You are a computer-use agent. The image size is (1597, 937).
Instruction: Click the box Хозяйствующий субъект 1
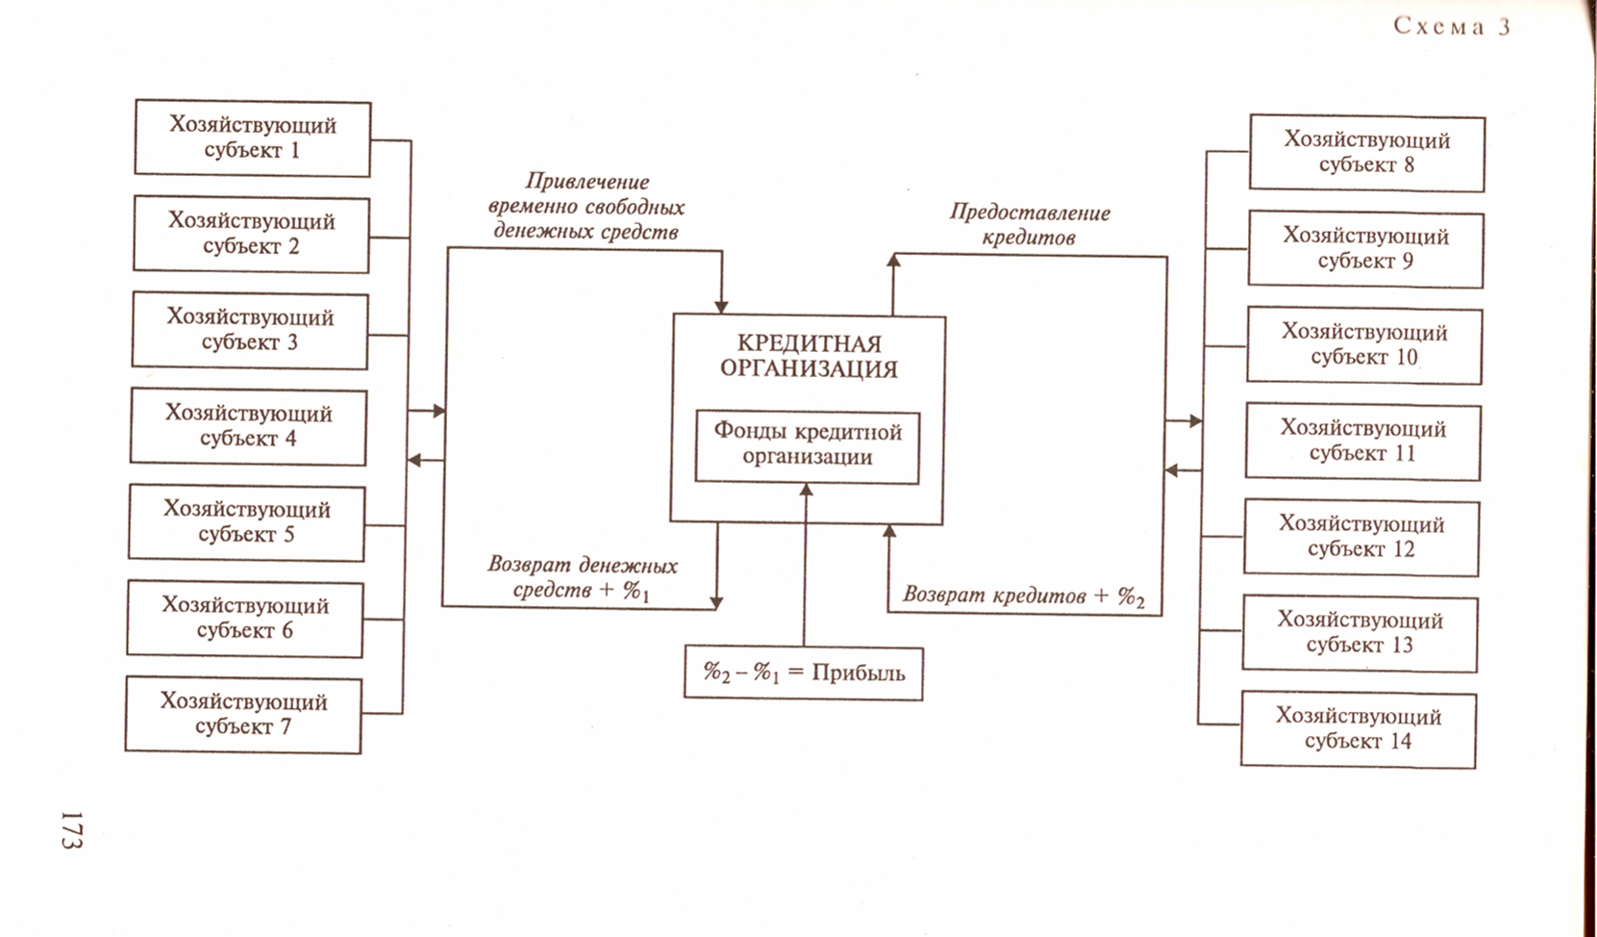click(252, 139)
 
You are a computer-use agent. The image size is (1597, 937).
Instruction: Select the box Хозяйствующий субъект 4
click(248, 426)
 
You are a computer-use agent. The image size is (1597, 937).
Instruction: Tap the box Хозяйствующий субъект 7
click(243, 715)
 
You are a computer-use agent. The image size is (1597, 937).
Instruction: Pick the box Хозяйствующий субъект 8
click(1366, 153)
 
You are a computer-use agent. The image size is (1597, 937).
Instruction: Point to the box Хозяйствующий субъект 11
click(1362, 442)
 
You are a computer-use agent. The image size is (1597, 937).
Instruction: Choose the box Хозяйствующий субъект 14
click(1358, 729)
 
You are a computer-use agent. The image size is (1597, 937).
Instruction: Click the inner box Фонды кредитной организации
click(807, 446)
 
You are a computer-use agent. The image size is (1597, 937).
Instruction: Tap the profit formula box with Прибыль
click(803, 672)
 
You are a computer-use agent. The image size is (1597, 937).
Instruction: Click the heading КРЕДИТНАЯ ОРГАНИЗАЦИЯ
click(809, 356)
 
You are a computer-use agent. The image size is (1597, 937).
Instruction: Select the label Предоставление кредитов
click(1029, 225)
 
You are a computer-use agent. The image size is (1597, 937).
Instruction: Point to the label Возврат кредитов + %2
click(1023, 596)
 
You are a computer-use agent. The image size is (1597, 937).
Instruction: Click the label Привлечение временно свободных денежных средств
click(586, 207)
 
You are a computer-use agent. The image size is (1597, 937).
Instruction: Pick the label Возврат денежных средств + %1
click(582, 578)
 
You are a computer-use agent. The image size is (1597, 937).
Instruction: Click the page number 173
click(71, 829)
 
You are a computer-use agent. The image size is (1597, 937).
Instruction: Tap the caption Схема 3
click(1452, 27)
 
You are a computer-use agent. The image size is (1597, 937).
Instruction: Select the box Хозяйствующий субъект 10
click(1364, 345)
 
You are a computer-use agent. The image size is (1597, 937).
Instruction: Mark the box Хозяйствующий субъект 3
click(250, 330)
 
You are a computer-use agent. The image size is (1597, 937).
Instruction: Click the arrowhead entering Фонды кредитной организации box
click(806, 490)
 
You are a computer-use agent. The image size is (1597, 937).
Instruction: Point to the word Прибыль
click(858, 673)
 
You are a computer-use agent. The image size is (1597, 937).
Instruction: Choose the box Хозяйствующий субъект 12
click(1361, 538)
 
